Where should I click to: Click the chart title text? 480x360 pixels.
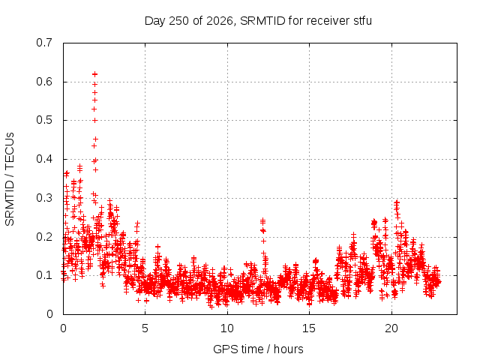[x=258, y=21]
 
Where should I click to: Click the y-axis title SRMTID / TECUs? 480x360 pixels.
[x=10, y=179]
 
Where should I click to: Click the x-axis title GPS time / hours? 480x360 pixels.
[x=258, y=349]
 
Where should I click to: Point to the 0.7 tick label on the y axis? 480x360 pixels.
[x=44, y=43]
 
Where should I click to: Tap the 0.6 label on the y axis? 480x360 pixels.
[x=44, y=82]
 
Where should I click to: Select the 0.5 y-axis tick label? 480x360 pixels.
[x=44, y=120]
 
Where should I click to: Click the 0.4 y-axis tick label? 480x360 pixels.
[x=44, y=159]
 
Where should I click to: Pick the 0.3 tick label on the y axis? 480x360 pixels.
[x=44, y=198]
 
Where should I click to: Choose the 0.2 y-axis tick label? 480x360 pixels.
[x=44, y=237]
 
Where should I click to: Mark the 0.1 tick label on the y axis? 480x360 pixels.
[x=44, y=275]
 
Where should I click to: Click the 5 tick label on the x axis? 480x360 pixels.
[x=145, y=328]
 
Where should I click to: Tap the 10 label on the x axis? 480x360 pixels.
[x=227, y=328]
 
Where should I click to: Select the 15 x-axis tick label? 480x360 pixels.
[x=309, y=328]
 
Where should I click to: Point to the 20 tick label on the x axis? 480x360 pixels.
[x=391, y=328]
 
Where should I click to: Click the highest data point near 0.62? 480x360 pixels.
[x=95, y=74]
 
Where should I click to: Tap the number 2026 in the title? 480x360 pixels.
[x=220, y=21]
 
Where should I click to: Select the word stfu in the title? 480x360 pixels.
[x=362, y=21]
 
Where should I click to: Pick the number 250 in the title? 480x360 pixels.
[x=178, y=21]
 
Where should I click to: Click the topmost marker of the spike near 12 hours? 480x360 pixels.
[x=262, y=220]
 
